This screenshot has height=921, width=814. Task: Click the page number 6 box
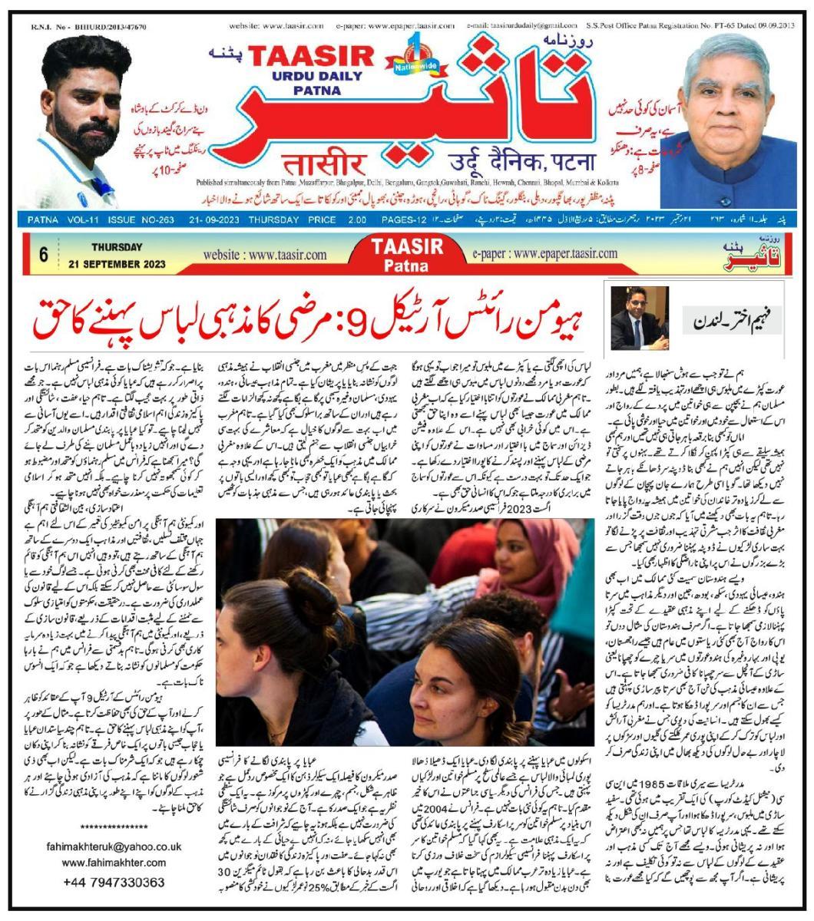coord(43,254)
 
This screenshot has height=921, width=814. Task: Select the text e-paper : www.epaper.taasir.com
coord(545,253)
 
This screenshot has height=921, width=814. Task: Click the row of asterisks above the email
coord(114,827)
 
